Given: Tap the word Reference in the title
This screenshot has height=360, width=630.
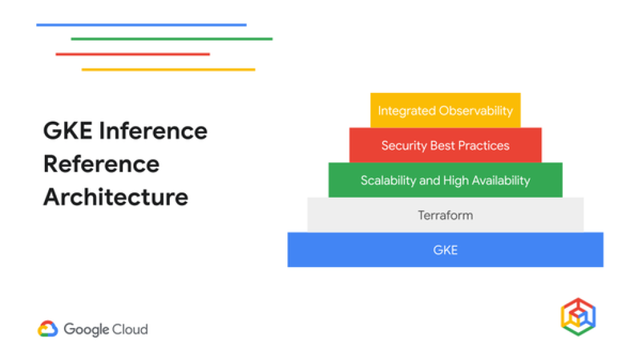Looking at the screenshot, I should (102, 164).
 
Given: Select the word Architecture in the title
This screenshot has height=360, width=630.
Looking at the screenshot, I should (116, 198).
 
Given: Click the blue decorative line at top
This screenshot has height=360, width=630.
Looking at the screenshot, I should (141, 25).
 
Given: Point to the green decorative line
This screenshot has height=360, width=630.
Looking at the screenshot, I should (172, 39).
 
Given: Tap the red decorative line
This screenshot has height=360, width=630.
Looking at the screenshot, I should (132, 54).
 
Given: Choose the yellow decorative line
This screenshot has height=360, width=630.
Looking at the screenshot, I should (168, 70).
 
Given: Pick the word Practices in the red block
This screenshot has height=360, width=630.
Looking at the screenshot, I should (484, 146).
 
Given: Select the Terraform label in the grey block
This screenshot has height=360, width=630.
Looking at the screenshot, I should (445, 215).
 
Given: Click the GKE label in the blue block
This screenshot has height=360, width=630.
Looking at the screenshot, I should (445, 250).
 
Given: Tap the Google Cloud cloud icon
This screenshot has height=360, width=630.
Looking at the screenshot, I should (47, 329).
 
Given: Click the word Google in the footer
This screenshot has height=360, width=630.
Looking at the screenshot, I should (86, 329).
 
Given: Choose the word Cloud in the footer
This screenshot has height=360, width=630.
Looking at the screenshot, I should (129, 329).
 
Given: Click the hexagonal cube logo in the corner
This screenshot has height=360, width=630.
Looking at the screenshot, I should (578, 317).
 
